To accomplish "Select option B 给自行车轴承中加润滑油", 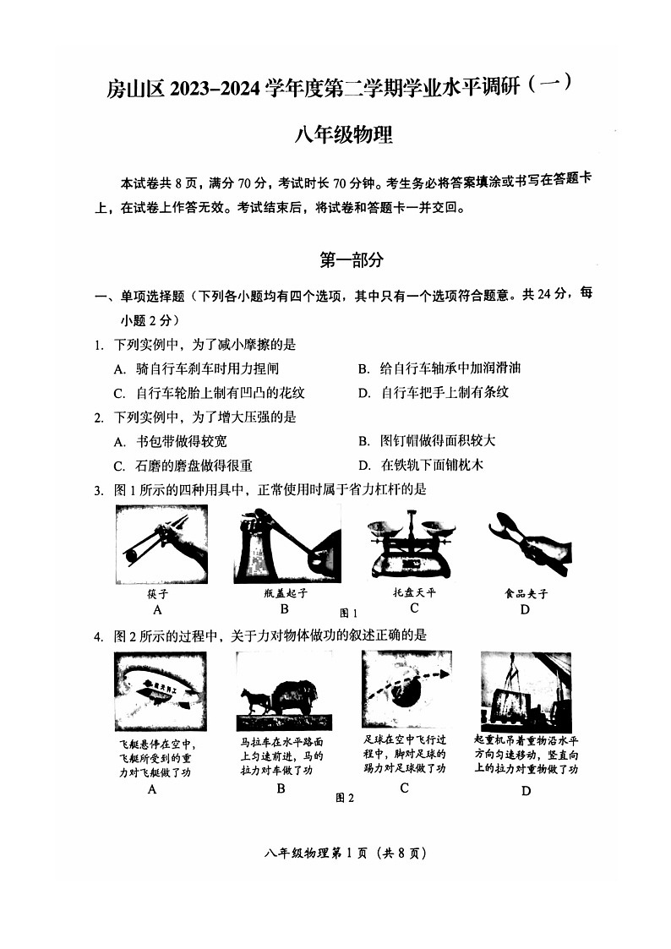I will [x=439, y=368].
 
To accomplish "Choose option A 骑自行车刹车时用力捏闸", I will [x=196, y=368].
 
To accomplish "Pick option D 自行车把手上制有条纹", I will [x=434, y=392].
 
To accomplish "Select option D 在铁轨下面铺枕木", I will [x=420, y=465].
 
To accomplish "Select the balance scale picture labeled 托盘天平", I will [x=412, y=544].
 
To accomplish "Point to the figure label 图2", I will [x=344, y=798].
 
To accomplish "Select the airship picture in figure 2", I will [x=160, y=690].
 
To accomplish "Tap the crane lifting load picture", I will [x=526, y=689].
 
